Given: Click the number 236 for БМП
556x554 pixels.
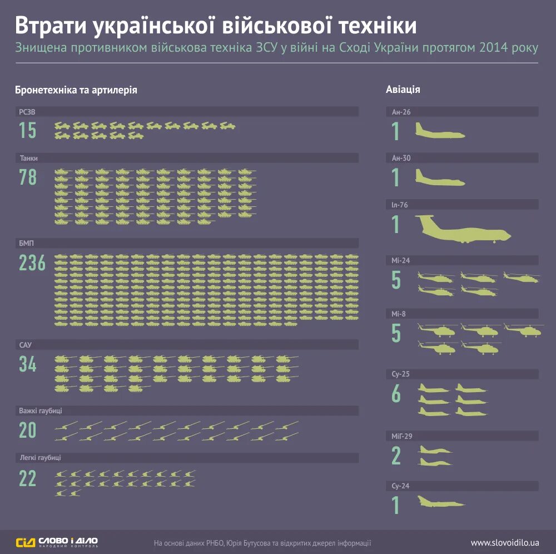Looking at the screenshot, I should [32, 263].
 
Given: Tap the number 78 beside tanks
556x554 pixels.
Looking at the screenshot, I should [28, 177].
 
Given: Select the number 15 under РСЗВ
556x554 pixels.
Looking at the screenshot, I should [28, 131].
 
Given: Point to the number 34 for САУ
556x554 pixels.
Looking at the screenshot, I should [28, 364].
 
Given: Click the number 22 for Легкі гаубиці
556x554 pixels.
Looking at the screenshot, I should [28, 478].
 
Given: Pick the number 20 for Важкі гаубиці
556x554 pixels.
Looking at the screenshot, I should [28, 431].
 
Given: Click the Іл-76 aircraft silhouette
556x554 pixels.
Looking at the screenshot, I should [463, 229].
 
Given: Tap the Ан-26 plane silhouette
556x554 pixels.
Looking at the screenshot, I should [440, 132].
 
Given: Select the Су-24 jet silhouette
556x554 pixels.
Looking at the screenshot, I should [440, 503].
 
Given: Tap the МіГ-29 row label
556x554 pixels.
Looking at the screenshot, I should [403, 436].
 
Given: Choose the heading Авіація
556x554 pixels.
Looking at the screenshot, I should [403, 89].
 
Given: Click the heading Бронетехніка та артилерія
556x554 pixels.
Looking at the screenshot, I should [76, 89].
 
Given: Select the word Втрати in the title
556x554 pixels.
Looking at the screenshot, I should [51, 27].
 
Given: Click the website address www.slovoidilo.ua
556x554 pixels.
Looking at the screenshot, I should [505, 542].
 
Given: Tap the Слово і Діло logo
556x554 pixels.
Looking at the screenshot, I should [57, 542].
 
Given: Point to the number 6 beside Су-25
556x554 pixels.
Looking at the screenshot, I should [396, 394].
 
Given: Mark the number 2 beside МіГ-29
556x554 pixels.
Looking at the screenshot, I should [396, 456].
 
